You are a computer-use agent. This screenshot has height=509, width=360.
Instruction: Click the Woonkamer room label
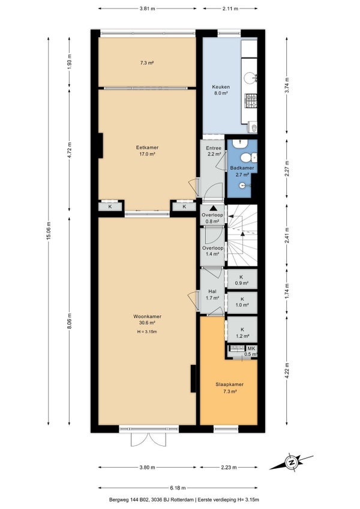(x=148, y=316)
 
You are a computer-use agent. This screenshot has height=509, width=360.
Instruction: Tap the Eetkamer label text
(x=147, y=148)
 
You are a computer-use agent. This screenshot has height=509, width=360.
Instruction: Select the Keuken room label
(x=221, y=86)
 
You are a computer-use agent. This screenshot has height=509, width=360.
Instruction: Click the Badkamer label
(x=242, y=168)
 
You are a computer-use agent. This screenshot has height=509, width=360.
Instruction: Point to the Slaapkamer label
(x=230, y=384)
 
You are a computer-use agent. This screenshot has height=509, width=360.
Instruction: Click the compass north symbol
(x=291, y=462)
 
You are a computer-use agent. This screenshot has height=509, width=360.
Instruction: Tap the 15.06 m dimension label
(x=49, y=231)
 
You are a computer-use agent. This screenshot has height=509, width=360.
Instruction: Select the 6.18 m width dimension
(x=178, y=487)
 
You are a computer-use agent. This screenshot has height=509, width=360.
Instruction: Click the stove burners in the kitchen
(x=251, y=101)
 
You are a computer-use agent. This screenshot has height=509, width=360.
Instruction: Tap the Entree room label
(x=214, y=148)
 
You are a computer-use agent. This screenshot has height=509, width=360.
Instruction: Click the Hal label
(x=212, y=292)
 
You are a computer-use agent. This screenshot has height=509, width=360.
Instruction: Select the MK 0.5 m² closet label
(x=251, y=351)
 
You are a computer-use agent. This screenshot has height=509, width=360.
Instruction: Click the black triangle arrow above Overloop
(x=213, y=208)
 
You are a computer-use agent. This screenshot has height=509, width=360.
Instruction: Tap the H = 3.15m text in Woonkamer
(x=147, y=332)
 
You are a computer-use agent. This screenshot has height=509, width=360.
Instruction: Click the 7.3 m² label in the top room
(x=147, y=63)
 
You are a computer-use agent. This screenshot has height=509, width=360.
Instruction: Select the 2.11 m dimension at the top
(x=230, y=9)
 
